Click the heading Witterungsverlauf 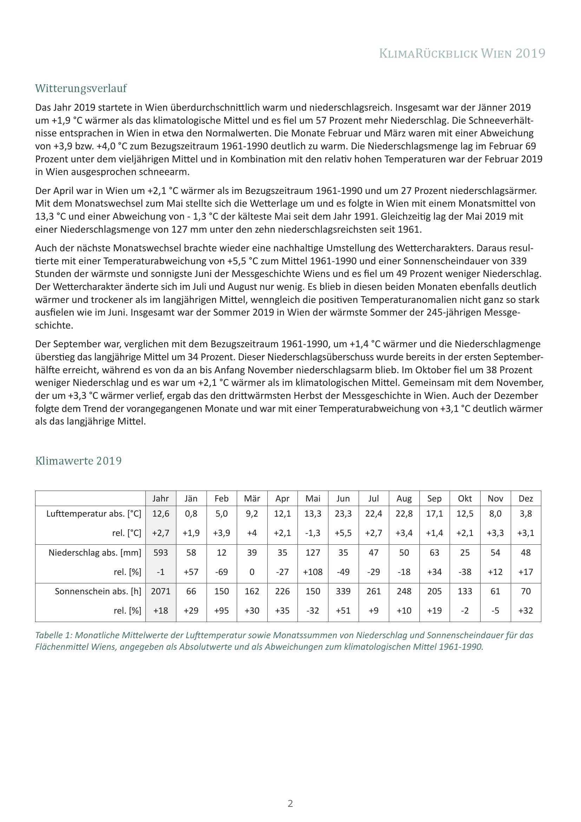[x=81, y=89]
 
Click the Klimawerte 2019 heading [x=78, y=461]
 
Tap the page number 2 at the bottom [x=290, y=803]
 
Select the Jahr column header [x=161, y=498]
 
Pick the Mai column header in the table [x=313, y=498]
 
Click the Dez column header [x=525, y=498]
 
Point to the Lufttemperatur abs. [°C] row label [x=94, y=514]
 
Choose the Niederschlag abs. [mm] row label [x=95, y=552]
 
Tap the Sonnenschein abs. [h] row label [x=98, y=591]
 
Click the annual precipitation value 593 [x=161, y=552]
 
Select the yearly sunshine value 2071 [x=161, y=591]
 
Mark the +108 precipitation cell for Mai [x=313, y=572]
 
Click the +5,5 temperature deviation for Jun [x=343, y=533]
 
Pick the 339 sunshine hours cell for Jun [x=343, y=591]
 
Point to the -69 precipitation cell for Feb [x=221, y=572]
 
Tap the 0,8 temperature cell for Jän [x=191, y=514]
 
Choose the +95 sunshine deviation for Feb [x=221, y=610]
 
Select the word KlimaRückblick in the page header [x=428, y=53]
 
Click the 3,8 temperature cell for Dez [x=525, y=514]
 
